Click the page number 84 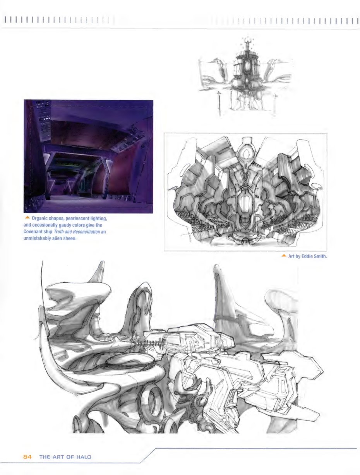click(x=27, y=457)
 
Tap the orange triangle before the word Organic click(x=28, y=218)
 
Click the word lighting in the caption click(x=100, y=219)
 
